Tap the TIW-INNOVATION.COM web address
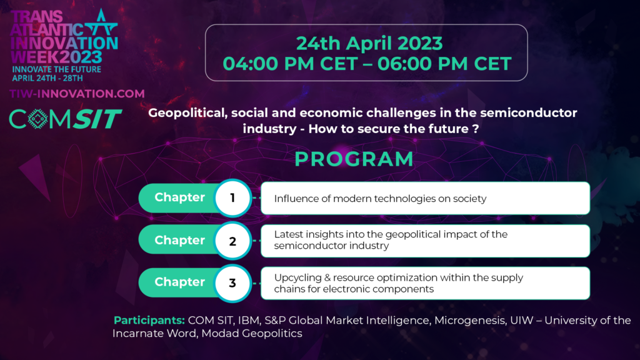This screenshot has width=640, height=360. pos(77,94)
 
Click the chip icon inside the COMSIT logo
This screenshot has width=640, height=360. pos(37,119)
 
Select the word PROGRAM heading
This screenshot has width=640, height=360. pos(354,159)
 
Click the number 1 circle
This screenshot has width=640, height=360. pos(232,198)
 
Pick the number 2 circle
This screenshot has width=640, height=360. pos(232,241)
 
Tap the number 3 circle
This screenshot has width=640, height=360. pos(232,283)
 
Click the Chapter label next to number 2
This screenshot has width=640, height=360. pos(179,240)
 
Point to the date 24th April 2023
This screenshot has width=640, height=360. pos(369,43)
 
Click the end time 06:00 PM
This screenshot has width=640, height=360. pos(422,64)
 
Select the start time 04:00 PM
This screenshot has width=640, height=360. pos(268,64)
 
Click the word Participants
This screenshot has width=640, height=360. pos(149,321)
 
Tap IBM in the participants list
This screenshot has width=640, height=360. pos(248,321)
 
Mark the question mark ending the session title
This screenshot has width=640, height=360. pos(475,129)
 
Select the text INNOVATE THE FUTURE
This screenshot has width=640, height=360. pos(57,69)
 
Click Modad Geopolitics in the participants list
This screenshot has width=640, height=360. pos(252,334)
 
